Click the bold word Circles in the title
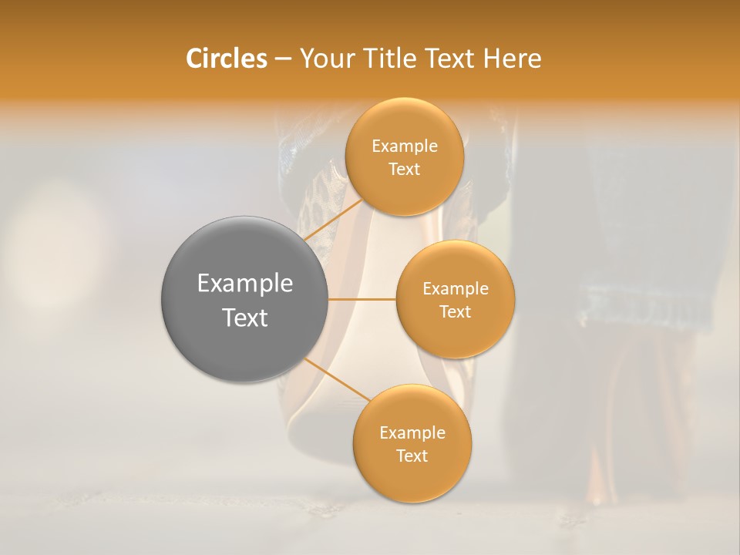pyautogui.click(x=226, y=59)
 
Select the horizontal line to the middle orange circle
pyautogui.click(x=362, y=298)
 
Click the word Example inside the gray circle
pyautogui.click(x=245, y=284)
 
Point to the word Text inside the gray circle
pyautogui.click(x=245, y=318)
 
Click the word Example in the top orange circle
pyautogui.click(x=405, y=146)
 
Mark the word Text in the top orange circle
pyautogui.click(x=404, y=170)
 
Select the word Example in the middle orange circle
pyautogui.click(x=456, y=289)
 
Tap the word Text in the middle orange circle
pyautogui.click(x=456, y=312)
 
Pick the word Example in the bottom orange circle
pyautogui.click(x=412, y=433)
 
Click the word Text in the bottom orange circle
pyautogui.click(x=412, y=456)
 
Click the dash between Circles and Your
pyautogui.click(x=283, y=59)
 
